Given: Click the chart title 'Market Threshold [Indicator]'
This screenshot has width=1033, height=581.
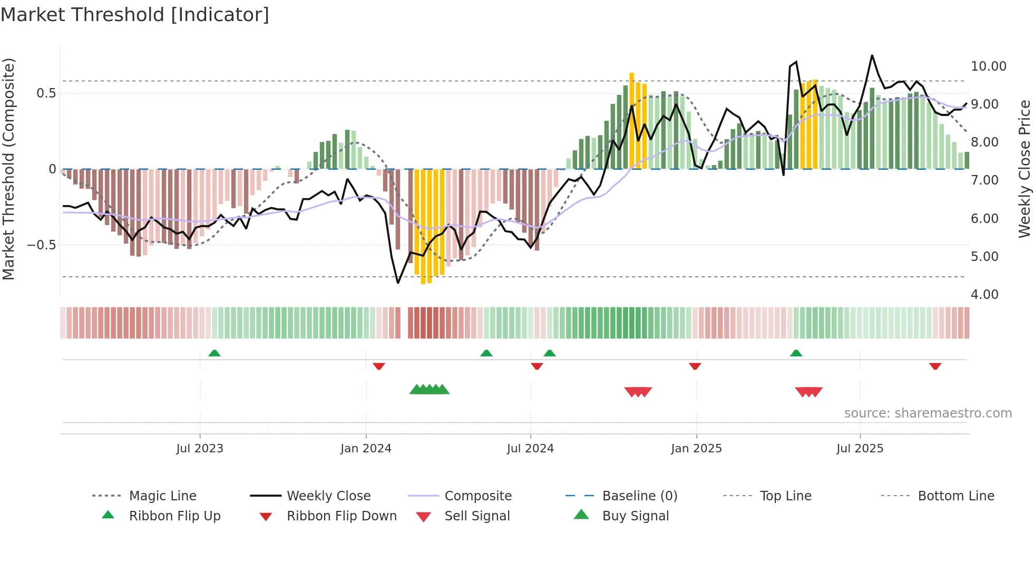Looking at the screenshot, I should pos(135,15).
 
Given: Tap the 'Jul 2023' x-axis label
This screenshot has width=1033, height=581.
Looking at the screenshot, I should pos(200,449).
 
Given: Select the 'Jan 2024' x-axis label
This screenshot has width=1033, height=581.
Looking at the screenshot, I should pos(366,449).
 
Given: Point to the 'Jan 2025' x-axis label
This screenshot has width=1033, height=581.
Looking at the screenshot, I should pos(696,449).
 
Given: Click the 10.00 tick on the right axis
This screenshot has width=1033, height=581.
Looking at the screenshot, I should pos(988,66).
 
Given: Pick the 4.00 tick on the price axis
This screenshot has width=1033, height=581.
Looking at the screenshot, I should pos(985,295).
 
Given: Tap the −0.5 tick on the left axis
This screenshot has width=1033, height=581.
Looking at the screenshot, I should pos(41,245).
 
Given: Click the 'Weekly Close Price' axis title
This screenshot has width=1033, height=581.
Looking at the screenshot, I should pos(1024,169).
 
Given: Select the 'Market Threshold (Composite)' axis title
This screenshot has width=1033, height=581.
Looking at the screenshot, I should pos(8,169).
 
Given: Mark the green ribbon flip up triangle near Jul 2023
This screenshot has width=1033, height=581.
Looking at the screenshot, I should pos(215,353).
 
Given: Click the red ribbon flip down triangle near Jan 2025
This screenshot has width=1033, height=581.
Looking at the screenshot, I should pos(695,366).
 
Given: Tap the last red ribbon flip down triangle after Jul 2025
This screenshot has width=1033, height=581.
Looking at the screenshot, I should pos(935,366).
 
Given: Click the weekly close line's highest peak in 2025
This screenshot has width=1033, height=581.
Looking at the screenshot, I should pos(872,55).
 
